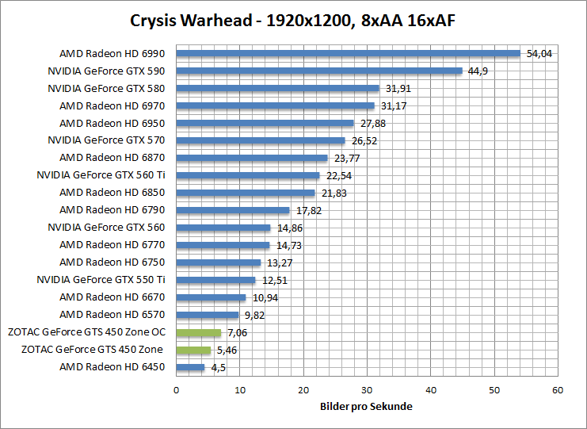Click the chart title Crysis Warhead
[x=293, y=18]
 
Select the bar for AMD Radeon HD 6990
[x=348, y=54]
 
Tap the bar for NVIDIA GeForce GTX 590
[x=318, y=71]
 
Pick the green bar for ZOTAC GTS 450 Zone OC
[x=198, y=333]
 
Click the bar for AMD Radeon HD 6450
[x=190, y=368]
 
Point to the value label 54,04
[x=539, y=54]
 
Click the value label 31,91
[x=398, y=89]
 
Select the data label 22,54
[x=338, y=176]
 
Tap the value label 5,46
[x=227, y=350]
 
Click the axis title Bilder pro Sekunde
[x=367, y=407]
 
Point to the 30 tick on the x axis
[x=367, y=390]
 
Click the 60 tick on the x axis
[x=558, y=390]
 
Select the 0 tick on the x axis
[x=176, y=390]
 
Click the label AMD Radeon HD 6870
[x=112, y=158]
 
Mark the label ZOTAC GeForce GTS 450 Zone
[x=93, y=350]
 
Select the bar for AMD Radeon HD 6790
[x=232, y=210]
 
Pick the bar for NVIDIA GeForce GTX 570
[x=260, y=141]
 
